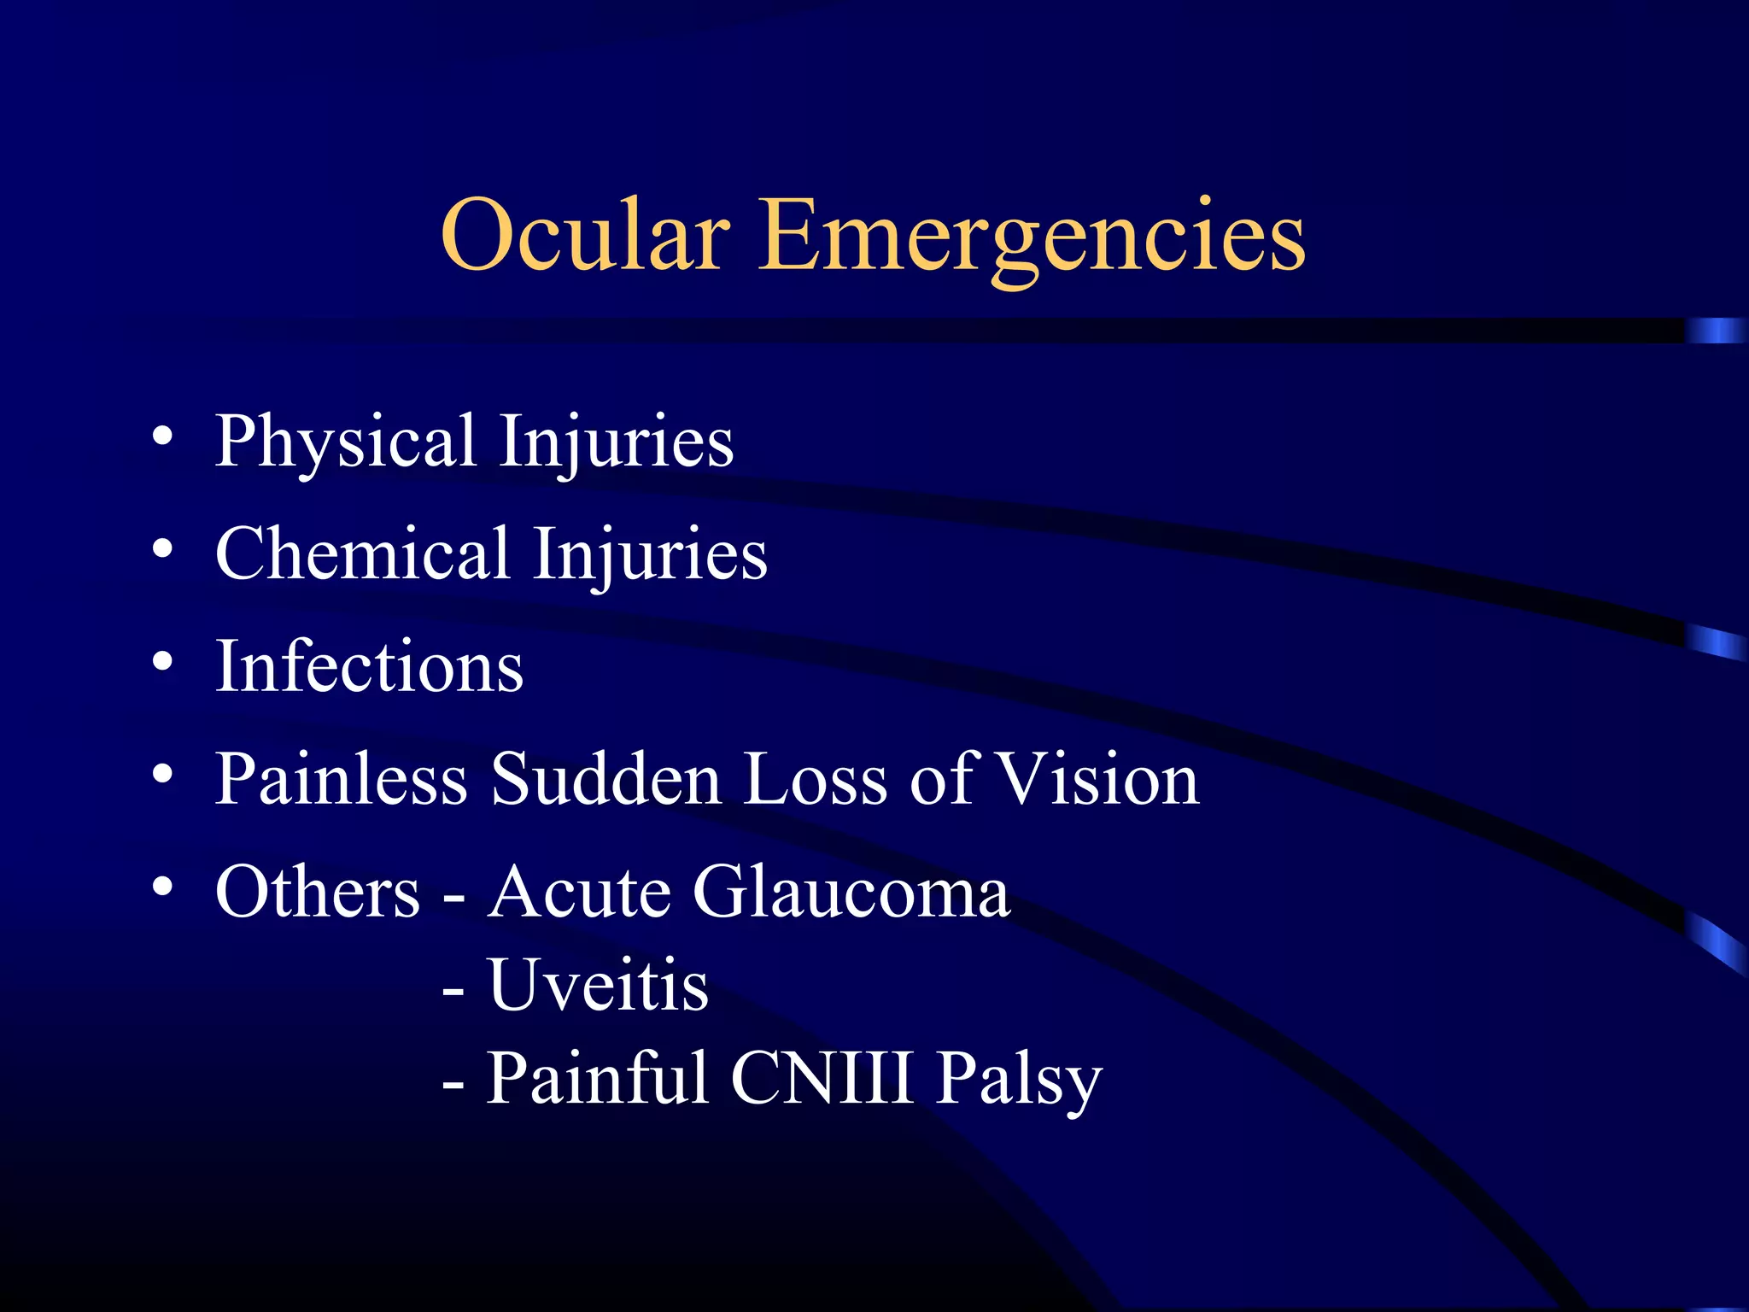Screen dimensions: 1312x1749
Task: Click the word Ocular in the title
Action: [x=585, y=235]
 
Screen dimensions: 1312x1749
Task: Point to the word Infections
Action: [x=369, y=667]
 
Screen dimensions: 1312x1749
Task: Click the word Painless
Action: [x=341, y=779]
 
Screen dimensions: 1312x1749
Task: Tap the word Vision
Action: [x=1099, y=779]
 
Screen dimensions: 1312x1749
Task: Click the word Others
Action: [x=317, y=892]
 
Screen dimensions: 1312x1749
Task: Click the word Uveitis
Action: [x=598, y=985]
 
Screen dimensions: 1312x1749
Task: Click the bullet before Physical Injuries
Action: [x=162, y=438]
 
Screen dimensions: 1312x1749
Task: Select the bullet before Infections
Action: [x=162, y=662]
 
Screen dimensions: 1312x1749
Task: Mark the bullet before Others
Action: [x=162, y=887]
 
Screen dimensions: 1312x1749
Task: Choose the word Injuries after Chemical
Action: [x=650, y=554]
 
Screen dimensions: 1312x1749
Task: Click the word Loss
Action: [x=815, y=779]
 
